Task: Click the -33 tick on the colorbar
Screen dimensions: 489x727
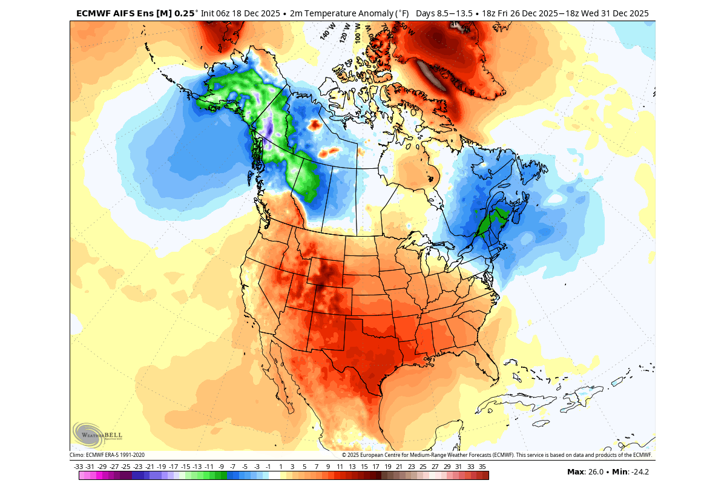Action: click(78, 467)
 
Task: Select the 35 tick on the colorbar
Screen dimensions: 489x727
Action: click(482, 467)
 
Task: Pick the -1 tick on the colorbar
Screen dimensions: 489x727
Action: click(268, 467)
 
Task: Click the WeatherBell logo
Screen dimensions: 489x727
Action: click(97, 434)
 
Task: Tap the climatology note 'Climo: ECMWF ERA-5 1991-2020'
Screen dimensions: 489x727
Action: click(107, 455)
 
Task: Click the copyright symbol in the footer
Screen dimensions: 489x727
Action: click(344, 455)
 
